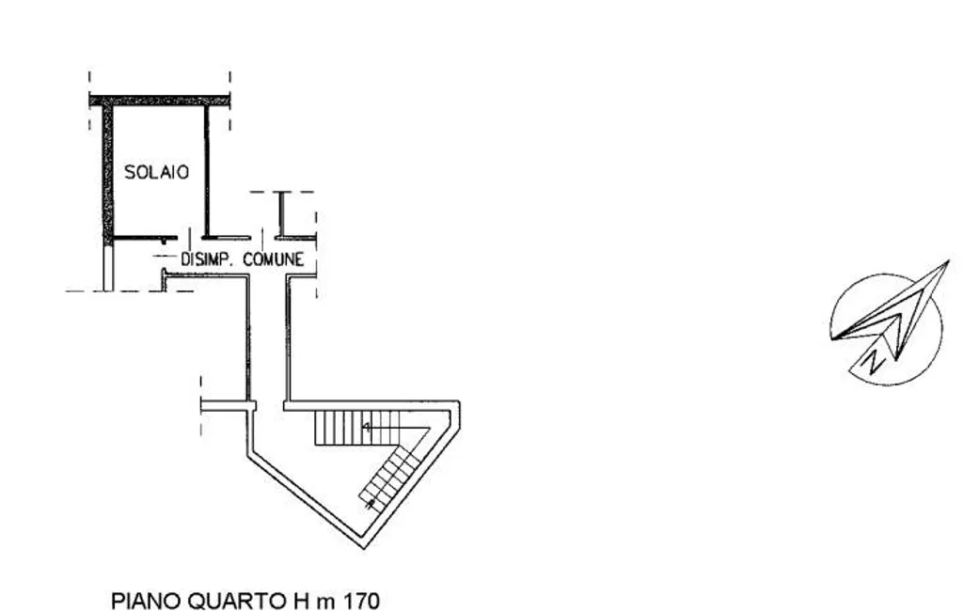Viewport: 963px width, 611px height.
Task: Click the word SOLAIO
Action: click(157, 172)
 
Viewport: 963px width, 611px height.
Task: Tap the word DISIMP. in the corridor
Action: click(206, 259)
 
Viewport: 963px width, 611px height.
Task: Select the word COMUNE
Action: click(274, 259)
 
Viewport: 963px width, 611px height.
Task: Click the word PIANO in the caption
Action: click(146, 600)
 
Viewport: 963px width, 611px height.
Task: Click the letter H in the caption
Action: click(298, 600)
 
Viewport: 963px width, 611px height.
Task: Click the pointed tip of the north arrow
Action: click(948, 260)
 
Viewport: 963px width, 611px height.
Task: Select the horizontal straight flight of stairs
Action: click(357, 428)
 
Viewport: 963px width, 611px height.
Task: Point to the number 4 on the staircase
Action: click(367, 428)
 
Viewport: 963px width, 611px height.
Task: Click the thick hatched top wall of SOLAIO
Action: click(160, 101)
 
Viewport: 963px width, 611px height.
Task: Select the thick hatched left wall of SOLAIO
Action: click(107, 173)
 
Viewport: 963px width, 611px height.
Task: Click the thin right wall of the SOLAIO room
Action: click(207, 172)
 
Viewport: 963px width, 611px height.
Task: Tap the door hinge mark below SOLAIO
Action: click(164, 240)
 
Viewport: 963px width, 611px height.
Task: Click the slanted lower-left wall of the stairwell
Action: click(306, 498)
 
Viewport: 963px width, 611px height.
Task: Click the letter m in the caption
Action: click(324, 603)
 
